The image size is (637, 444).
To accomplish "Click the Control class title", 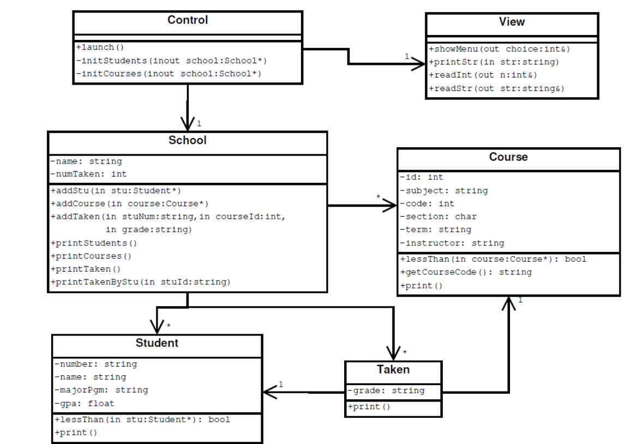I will pyautogui.click(x=188, y=20).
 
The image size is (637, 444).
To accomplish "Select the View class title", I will pyautogui.click(x=512, y=22).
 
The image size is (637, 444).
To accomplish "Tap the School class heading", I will pyautogui.click(x=188, y=140).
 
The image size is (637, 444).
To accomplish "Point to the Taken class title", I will pyautogui.click(x=393, y=370).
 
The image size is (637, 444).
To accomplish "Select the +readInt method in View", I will pyautogui.click(x=483, y=75).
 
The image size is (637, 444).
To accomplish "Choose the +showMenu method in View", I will pyautogui.click(x=500, y=49).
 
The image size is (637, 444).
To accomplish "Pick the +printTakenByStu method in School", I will pyautogui.click(x=141, y=282).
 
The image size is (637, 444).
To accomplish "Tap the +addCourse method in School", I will pyautogui.click(x=130, y=204).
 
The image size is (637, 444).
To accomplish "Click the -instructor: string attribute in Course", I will pyautogui.click(x=452, y=243).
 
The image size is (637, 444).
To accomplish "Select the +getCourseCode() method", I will pyautogui.click(x=466, y=272).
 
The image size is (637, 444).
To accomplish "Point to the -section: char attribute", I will pyautogui.click(x=438, y=217).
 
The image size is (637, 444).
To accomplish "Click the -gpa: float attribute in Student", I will pyautogui.click(x=85, y=404).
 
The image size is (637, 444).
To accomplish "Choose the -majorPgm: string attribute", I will pyautogui.click(x=101, y=390).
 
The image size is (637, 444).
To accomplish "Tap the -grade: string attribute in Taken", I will pyautogui.click(x=386, y=391).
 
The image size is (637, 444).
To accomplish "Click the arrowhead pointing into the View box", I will pyautogui.click(x=418, y=64).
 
